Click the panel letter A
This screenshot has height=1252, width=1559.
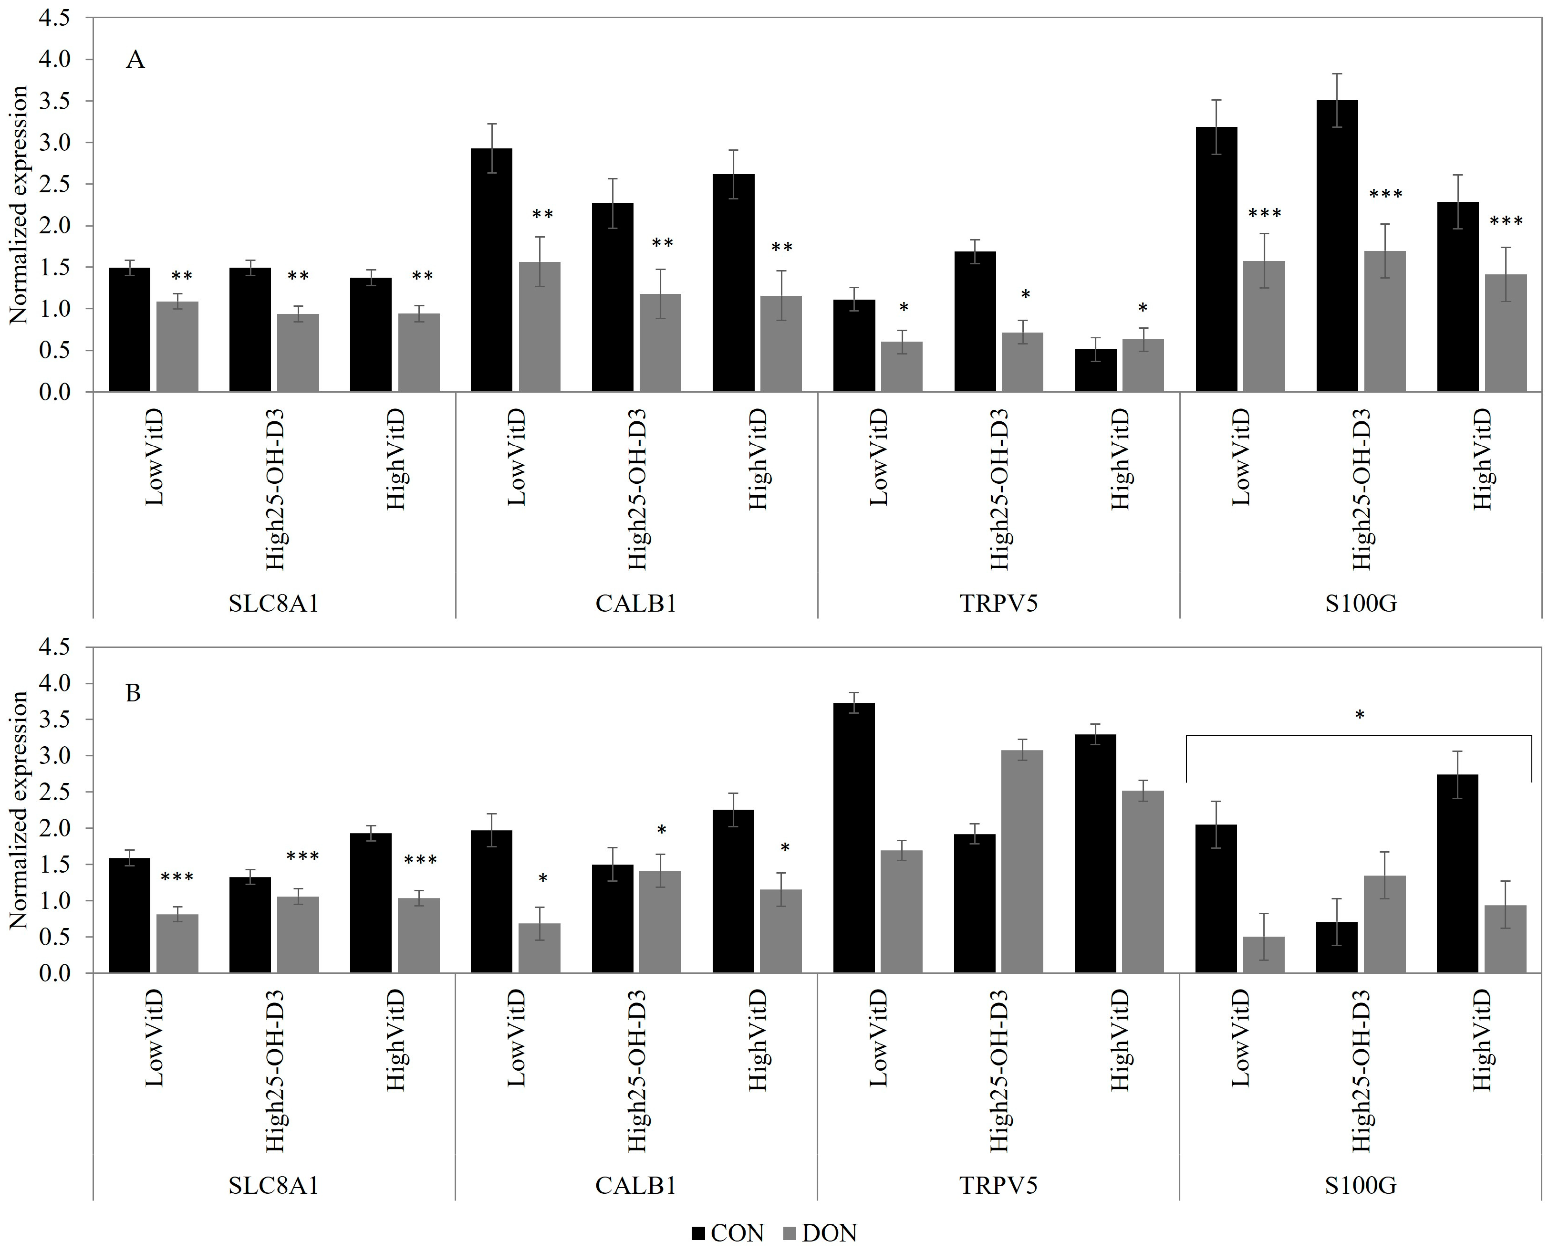click(135, 59)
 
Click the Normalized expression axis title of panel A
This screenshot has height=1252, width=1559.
click(18, 205)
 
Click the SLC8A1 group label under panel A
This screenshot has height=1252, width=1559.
click(274, 603)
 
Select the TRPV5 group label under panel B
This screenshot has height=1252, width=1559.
click(998, 1186)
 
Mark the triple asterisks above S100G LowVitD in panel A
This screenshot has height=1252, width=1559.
click(1265, 214)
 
